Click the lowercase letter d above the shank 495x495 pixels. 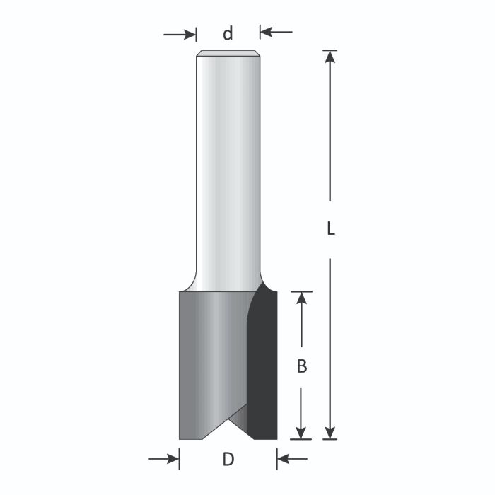tap(228, 33)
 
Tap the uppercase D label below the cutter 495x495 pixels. tap(228, 460)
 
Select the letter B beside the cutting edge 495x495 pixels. tap(301, 366)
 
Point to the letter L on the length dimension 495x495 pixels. tap(330, 229)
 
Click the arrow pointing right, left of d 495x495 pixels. tap(188, 33)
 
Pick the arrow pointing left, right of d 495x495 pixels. tap(268, 32)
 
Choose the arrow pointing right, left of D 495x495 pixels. tap(171, 460)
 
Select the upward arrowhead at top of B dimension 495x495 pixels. tap(302, 299)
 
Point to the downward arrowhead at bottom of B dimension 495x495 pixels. tap(302, 431)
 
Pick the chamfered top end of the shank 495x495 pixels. tap(228, 53)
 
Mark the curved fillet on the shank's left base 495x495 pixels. tap(190, 283)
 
